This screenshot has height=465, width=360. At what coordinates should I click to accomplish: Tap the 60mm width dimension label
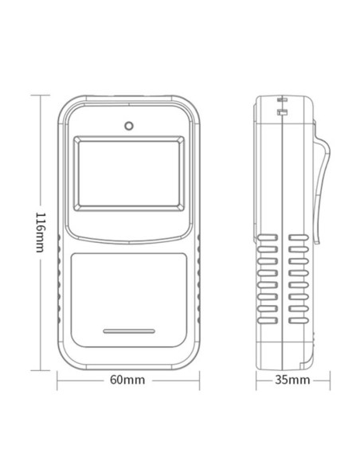(127, 379)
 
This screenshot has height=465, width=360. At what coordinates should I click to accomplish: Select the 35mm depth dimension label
(291, 379)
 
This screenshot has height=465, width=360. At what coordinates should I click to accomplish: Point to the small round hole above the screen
(127, 125)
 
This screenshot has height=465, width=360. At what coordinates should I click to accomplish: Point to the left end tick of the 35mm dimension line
(256, 380)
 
